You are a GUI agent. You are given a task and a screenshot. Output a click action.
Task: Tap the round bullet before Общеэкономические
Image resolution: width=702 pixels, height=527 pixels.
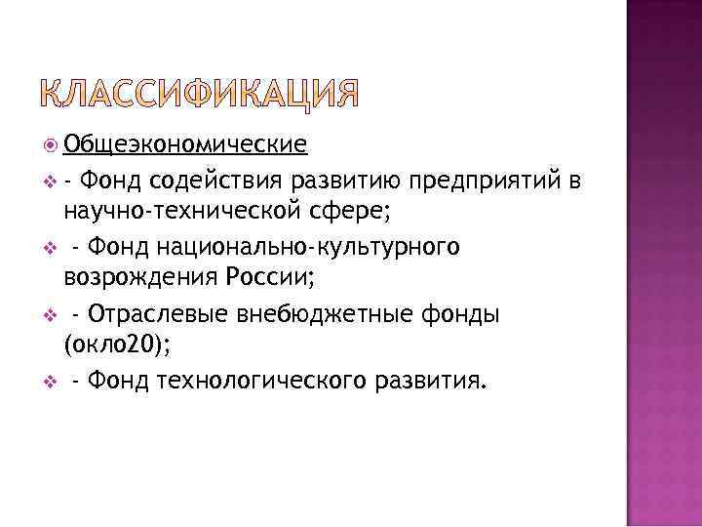pyautogui.click(x=50, y=146)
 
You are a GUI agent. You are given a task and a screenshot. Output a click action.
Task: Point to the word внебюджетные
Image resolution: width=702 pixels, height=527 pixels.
pyautogui.click(x=310, y=312)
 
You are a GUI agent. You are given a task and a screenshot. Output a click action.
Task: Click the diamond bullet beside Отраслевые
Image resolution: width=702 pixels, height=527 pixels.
pyautogui.click(x=50, y=313)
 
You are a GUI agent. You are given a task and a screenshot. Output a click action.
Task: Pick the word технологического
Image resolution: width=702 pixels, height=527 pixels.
pyautogui.click(x=254, y=379)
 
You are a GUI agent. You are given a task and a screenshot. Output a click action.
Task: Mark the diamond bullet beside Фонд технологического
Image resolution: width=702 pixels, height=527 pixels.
pyautogui.click(x=50, y=380)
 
